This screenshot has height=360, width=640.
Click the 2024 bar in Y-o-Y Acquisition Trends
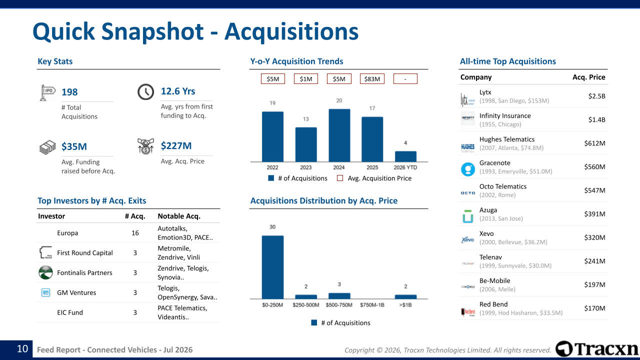pyautogui.click(x=339, y=135)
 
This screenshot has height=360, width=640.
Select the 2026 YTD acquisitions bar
pyautogui.click(x=405, y=156)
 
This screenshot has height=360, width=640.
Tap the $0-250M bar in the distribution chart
pyautogui.click(x=272, y=267)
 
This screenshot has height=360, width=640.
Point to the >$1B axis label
pyautogui.click(x=405, y=305)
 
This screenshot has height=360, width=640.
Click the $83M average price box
pyautogui.click(x=372, y=79)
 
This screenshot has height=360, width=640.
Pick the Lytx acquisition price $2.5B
pyautogui.click(x=596, y=96)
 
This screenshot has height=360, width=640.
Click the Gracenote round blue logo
pyautogui.click(x=467, y=169)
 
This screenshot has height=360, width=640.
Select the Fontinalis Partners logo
pyautogui.click(x=45, y=272)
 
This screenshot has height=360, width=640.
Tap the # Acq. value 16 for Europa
pyautogui.click(x=135, y=233)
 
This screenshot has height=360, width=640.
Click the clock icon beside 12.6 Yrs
pyautogui.click(x=145, y=92)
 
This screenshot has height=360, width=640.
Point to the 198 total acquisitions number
pyautogui.click(x=69, y=92)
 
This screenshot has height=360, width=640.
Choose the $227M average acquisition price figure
pyautogui.click(x=176, y=145)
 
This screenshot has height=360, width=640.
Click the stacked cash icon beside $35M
pyautogui.click(x=47, y=147)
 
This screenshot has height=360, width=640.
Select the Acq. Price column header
pyautogui.click(x=588, y=77)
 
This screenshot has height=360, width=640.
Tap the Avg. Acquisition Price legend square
pyautogui.click(x=340, y=178)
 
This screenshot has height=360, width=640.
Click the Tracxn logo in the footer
pyautogui.click(x=596, y=349)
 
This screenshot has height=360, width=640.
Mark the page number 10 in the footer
pyautogui.click(x=22, y=349)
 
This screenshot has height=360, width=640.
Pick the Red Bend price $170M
pyautogui.click(x=594, y=308)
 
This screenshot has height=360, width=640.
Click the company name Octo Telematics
pyautogui.click(x=503, y=186)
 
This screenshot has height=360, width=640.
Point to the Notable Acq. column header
pyautogui.click(x=179, y=216)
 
